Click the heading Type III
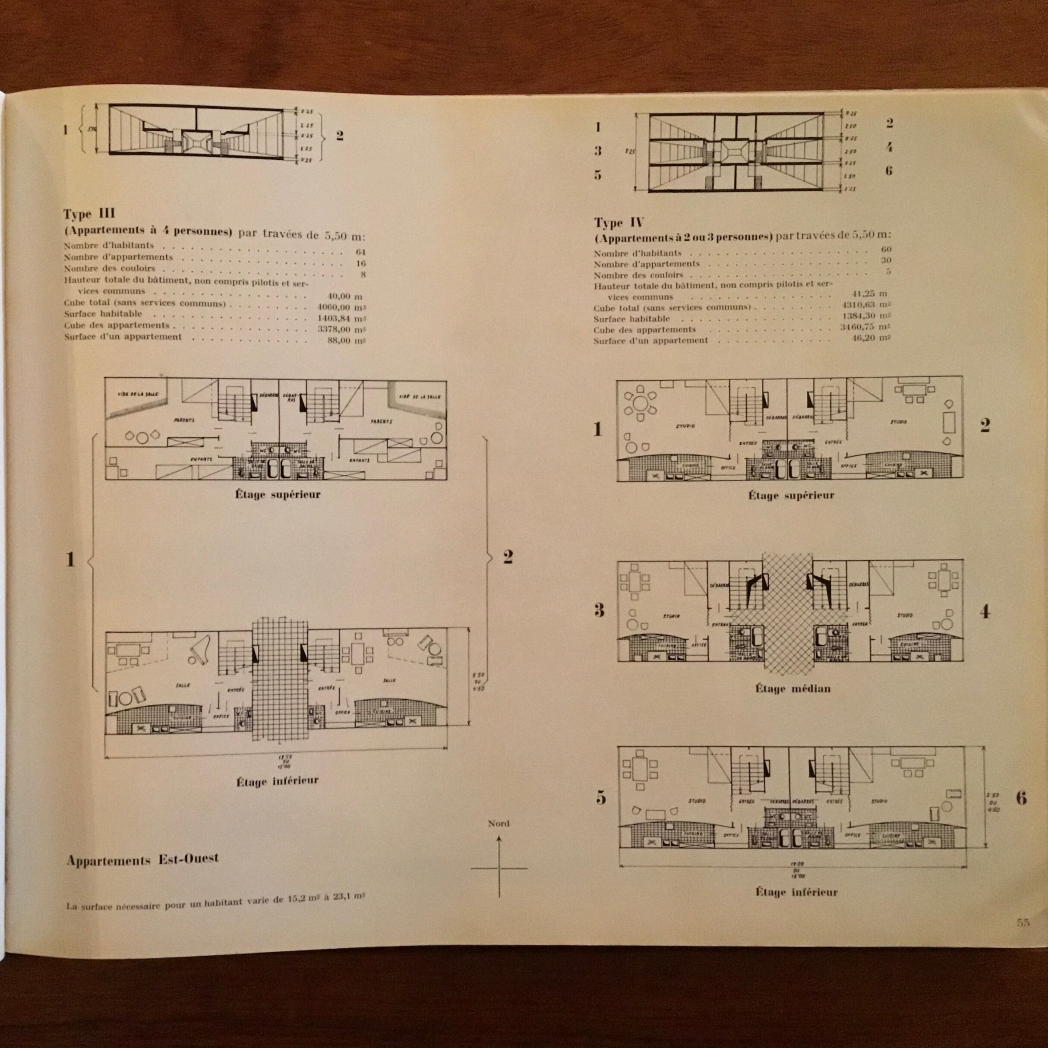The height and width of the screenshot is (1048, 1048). coord(89,213)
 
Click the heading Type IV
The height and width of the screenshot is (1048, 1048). coord(619,222)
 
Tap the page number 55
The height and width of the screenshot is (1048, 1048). coord(1023,922)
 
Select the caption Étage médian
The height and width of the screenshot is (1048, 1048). coord(792,689)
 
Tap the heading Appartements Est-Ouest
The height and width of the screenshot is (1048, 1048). coord(143,860)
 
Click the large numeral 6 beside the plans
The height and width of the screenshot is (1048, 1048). coord(1021,798)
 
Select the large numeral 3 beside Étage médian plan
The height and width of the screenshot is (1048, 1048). coord(599,610)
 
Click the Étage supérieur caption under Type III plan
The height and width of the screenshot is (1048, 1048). coord(278,494)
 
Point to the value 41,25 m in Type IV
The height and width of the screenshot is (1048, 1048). coord(870,294)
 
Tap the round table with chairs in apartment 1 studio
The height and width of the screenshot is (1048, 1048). coord(641,404)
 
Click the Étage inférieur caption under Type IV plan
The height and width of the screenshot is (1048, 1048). coord(796,892)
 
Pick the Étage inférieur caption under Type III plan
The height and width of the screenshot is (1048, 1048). coord(277,781)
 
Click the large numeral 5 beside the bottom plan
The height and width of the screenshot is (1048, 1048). coord(600,798)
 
